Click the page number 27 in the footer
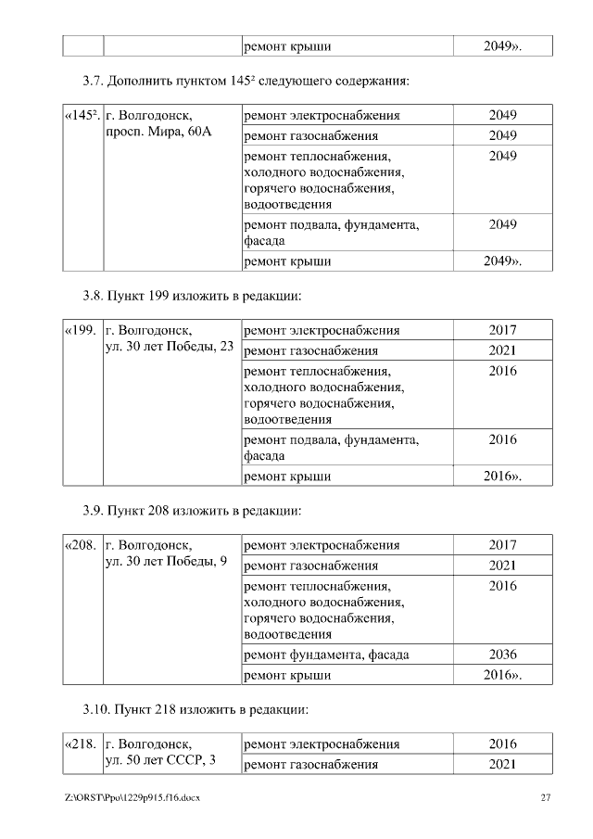click(546, 798)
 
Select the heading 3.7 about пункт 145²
click(246, 81)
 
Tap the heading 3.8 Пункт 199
click(193, 297)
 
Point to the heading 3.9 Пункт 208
click(193, 510)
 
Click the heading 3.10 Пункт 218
click(196, 710)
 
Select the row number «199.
click(81, 330)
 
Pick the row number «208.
click(81, 545)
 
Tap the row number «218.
click(81, 744)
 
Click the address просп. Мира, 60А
click(160, 133)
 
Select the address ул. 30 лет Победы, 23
click(170, 347)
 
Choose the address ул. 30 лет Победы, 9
click(167, 562)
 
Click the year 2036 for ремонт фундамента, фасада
click(502, 655)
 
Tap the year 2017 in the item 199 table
click(502, 330)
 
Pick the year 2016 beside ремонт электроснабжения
click(502, 744)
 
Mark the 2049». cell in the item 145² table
click(502, 261)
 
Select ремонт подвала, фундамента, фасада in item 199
click(331, 447)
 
